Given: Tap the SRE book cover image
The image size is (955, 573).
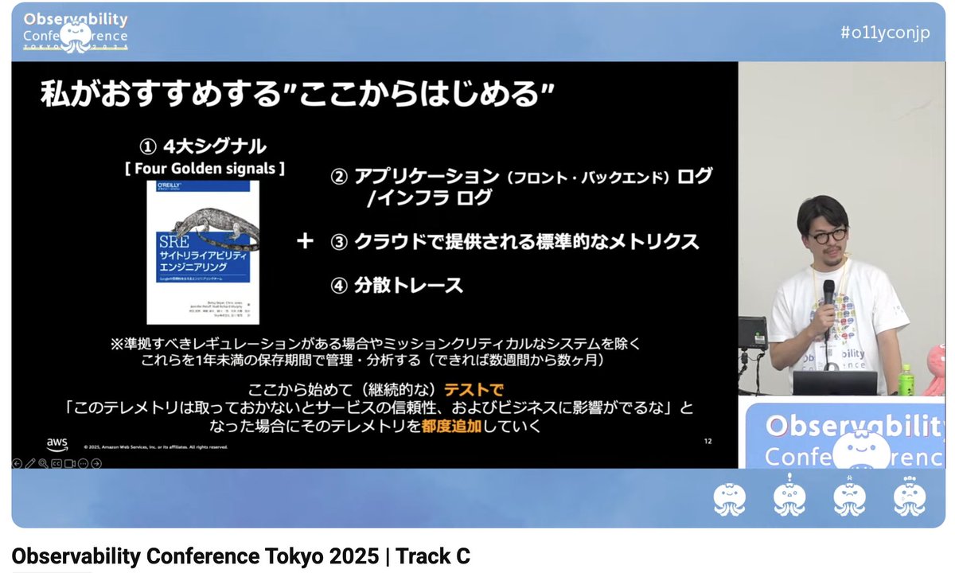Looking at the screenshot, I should [x=203, y=251].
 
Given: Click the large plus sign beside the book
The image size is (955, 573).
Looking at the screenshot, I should [x=305, y=241].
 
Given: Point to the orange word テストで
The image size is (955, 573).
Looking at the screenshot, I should [x=474, y=390].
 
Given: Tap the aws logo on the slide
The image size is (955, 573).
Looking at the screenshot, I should [x=57, y=442].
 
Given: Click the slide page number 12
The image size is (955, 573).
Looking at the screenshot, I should [x=707, y=441].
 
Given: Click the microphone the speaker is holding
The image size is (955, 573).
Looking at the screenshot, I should [x=828, y=292].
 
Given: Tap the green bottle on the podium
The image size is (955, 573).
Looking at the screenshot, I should [x=904, y=380].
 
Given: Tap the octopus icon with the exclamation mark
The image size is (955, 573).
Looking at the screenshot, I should [x=789, y=497].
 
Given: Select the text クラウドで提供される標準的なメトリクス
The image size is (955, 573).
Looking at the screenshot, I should [x=526, y=241].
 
